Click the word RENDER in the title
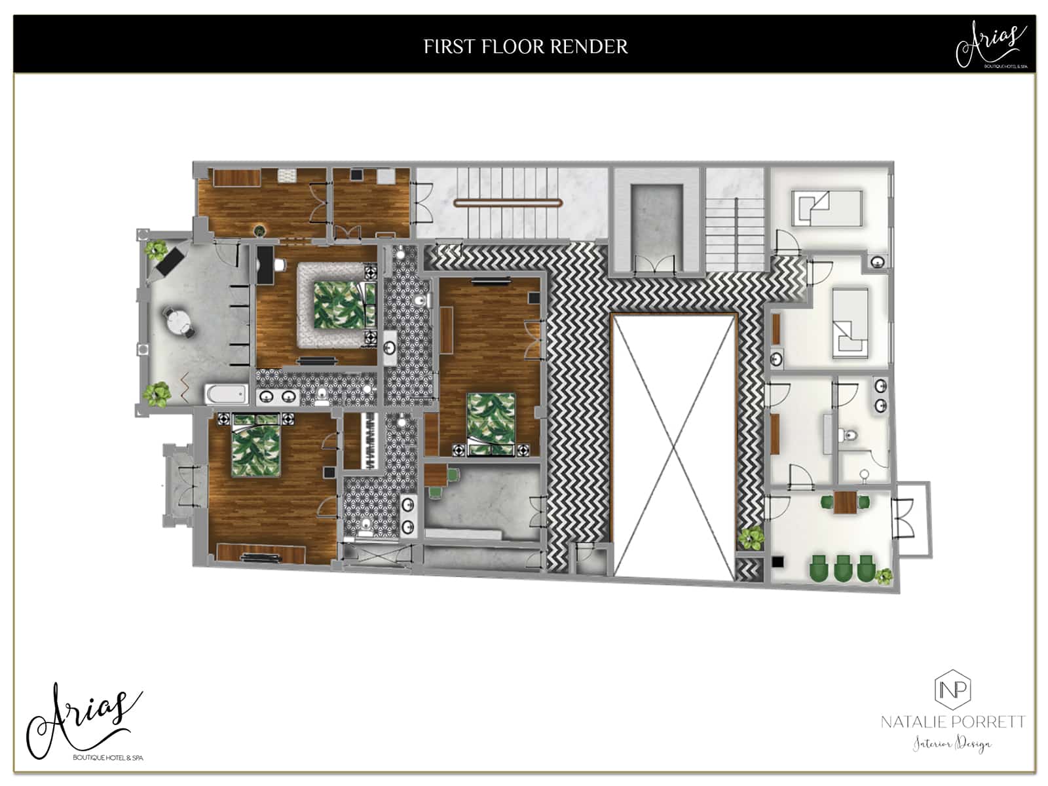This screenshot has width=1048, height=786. click(589, 47)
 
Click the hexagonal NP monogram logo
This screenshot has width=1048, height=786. click(953, 690)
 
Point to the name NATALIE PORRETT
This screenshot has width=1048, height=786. click(953, 722)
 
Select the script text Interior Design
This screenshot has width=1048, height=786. click(953, 743)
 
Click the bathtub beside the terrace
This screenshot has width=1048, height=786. click(227, 394)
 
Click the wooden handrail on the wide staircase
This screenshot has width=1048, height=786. click(508, 203)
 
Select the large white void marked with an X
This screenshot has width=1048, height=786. click(674, 446)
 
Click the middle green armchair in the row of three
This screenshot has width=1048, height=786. click(843, 567)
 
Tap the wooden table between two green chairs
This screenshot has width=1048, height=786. click(845, 502)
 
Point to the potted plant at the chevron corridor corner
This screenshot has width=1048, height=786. click(751, 538)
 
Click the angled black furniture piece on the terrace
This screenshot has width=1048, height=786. click(170, 261)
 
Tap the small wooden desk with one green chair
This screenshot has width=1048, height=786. click(436, 475)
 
